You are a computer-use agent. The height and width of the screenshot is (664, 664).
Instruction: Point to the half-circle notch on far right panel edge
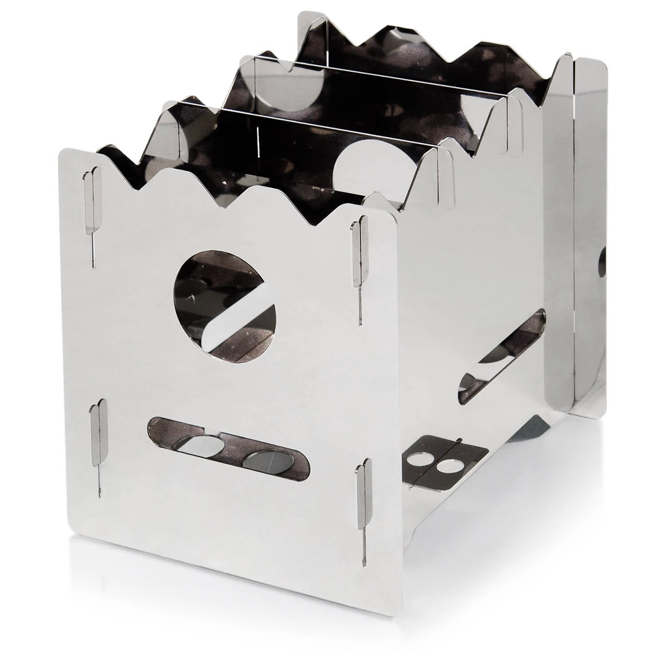(x=602, y=262)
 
